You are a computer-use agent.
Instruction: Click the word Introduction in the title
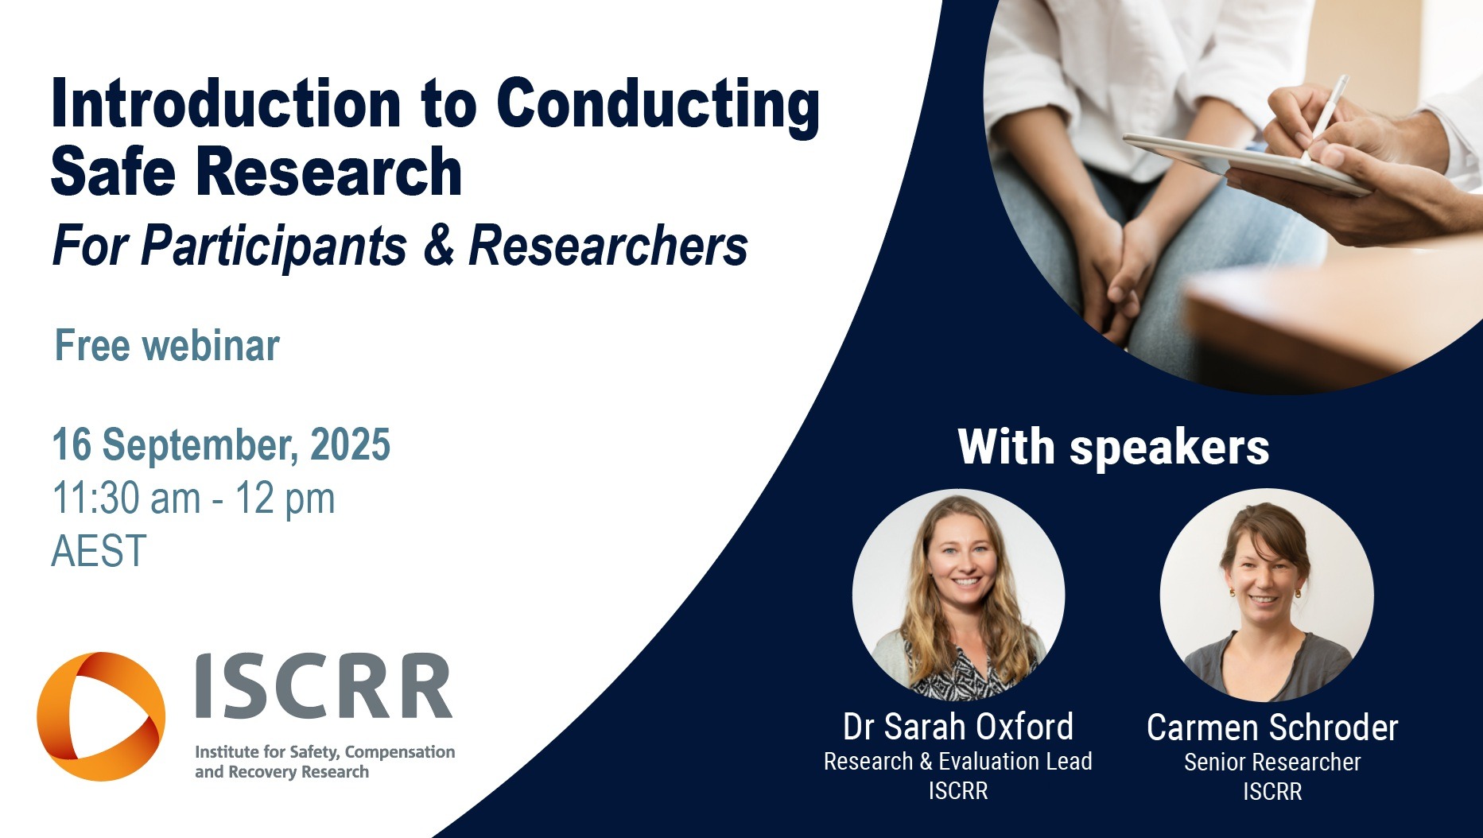[225, 103]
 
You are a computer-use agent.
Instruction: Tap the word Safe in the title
[112, 171]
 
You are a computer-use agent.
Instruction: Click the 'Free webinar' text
[167, 345]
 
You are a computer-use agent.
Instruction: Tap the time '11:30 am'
[126, 499]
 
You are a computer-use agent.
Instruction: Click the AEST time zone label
[99, 550]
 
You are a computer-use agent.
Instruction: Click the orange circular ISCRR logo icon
[101, 716]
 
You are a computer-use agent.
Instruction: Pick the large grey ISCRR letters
[324, 687]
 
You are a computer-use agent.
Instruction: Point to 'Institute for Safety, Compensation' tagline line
[324, 751]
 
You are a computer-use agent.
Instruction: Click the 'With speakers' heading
[1113, 447]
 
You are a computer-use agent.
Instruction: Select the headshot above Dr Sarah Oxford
[958, 595]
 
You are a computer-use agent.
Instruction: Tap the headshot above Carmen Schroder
[1267, 595]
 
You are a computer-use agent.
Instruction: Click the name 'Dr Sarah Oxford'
[958, 727]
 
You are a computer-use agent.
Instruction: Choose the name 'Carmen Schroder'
[1272, 727]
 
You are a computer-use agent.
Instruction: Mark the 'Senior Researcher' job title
[1272, 762]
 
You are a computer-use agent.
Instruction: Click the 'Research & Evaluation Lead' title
[958, 761]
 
